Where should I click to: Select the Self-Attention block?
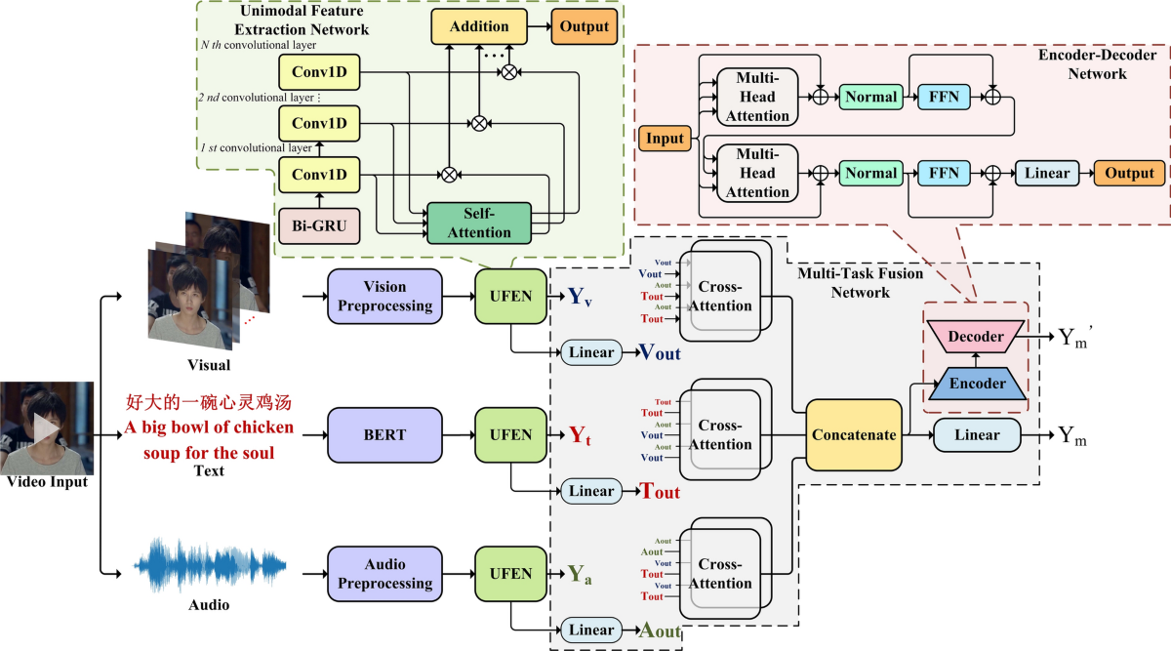pos(478,223)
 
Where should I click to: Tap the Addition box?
pos(479,26)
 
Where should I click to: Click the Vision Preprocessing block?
pos(384,296)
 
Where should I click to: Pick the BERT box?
pos(384,434)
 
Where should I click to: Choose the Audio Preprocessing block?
pos(384,574)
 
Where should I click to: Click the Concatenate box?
pos(855,434)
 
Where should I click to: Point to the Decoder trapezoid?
pos(976,337)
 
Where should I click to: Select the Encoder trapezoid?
pos(977,384)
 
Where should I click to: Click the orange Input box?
pos(665,139)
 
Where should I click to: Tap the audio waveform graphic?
pos(211,564)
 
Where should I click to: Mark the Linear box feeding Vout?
pos(591,352)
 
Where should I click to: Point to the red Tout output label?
pos(660,492)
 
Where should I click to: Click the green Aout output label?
pos(660,631)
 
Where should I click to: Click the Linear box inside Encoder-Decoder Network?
pos(1047,173)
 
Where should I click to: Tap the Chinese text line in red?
pos(209,402)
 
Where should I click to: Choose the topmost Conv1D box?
pos(319,71)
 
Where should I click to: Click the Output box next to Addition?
pos(584,26)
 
